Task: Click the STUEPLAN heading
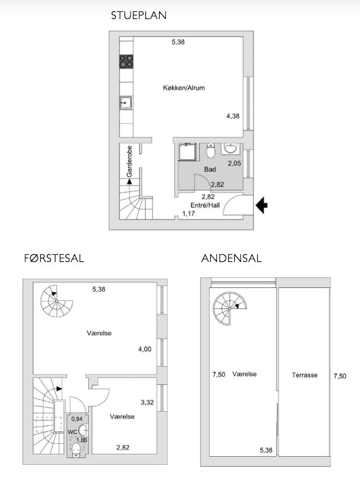click(139, 15)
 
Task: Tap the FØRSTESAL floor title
click(54, 258)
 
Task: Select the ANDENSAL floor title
click(231, 258)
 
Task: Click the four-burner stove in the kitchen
click(126, 61)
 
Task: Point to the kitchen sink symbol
click(126, 103)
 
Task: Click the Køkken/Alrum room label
click(184, 88)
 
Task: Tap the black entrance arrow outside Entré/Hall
click(262, 205)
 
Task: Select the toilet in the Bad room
click(211, 150)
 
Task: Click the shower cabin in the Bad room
click(187, 152)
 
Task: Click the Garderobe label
click(129, 161)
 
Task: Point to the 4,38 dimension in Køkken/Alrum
click(233, 116)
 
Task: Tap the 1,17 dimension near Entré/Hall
click(189, 213)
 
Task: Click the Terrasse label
click(305, 375)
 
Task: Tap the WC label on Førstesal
click(72, 432)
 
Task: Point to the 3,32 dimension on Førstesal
click(147, 402)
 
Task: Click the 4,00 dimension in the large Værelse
click(145, 349)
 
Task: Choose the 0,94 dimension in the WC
click(77, 419)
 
